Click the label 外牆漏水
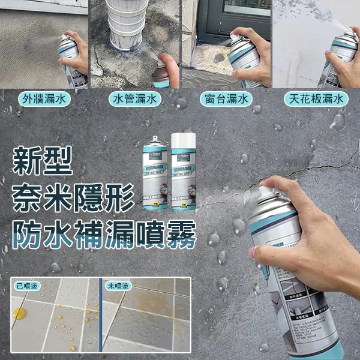44,99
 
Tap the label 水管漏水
135,99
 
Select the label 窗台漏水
225,99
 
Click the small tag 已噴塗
27,286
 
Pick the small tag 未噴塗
117,286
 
